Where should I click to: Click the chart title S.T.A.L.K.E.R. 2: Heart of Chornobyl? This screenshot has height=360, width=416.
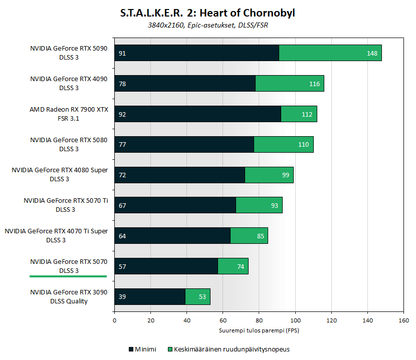pos(207,13)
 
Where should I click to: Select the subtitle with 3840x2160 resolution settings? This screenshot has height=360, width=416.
pos(207,25)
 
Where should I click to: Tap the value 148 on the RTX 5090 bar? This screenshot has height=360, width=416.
pos(372,53)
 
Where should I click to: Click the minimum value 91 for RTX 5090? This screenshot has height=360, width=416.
pos(122,53)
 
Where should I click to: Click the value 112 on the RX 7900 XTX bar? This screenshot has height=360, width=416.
pos(307,114)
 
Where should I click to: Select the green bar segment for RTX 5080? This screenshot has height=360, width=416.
pos(284,144)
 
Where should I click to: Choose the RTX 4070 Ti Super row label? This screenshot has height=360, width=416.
pos(56,235)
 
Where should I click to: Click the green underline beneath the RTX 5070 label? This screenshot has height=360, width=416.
pos(68,276)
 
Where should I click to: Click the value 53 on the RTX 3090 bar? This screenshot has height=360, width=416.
pos(202,297)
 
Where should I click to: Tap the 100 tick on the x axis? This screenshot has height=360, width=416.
pos(295,321)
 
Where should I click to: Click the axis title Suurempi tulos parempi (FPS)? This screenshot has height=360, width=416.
pos(259,330)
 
